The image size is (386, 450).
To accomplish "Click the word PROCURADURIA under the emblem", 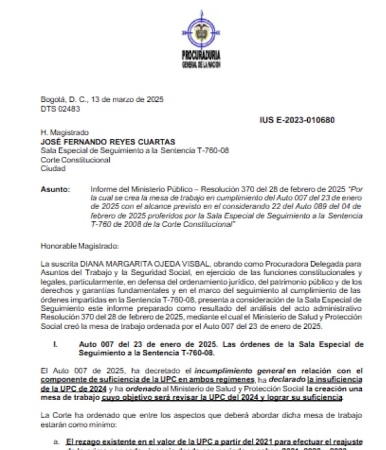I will coord(201,55).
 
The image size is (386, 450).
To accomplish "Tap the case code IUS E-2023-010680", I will coord(297,120).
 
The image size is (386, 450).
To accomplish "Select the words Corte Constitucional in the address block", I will coord(75,160).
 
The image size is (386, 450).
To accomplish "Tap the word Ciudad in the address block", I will coord(53,168).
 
